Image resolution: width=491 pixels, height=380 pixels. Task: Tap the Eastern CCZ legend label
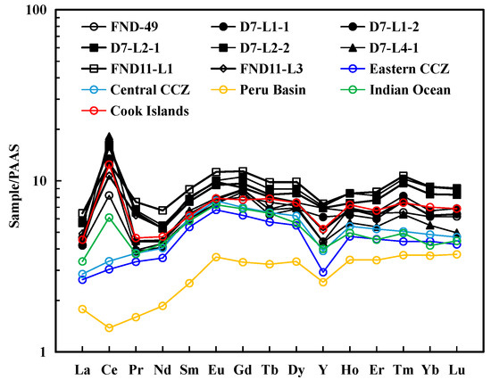click(416, 70)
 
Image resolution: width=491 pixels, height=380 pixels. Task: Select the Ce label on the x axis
click(109, 368)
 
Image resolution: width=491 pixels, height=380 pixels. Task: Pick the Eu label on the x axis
click(215, 368)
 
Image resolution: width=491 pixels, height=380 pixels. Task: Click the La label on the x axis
click(82, 368)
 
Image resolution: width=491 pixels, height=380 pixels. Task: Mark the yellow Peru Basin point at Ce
click(109, 327)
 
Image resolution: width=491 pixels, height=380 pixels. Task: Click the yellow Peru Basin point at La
click(82, 309)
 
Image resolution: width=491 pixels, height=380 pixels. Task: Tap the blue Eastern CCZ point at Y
click(322, 272)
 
